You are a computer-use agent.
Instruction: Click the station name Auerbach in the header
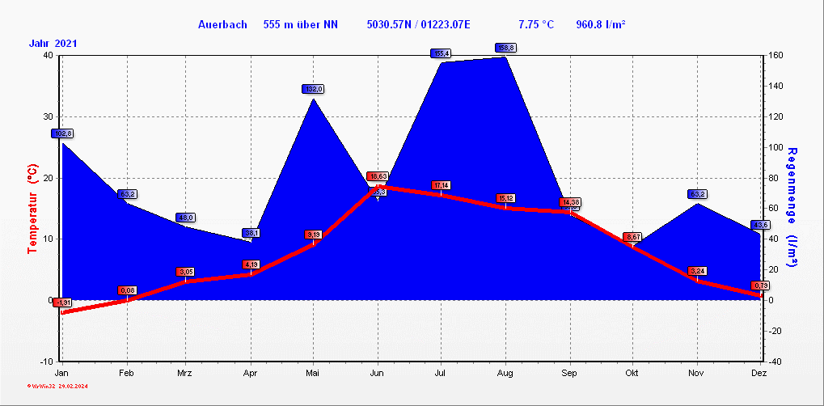(x=222, y=25)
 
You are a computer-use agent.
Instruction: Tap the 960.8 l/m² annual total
(x=600, y=25)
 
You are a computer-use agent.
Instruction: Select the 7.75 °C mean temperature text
(x=536, y=25)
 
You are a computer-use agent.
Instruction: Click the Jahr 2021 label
(x=53, y=44)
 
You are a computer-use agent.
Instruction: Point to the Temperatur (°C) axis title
(x=33, y=208)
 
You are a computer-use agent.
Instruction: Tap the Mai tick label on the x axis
(x=314, y=373)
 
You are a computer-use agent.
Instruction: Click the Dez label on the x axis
(x=759, y=373)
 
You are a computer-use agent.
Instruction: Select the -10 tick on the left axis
(x=46, y=361)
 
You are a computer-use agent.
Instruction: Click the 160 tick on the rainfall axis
(x=775, y=56)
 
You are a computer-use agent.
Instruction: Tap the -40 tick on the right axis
(x=775, y=361)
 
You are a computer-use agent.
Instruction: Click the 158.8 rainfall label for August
(x=505, y=48)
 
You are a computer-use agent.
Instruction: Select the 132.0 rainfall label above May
(x=314, y=89)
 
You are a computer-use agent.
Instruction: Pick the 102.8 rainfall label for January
(x=62, y=133)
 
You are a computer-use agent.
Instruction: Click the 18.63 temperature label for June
(x=378, y=176)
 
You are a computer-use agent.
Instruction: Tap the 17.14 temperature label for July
(x=441, y=185)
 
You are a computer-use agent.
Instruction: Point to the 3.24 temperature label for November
(x=697, y=270)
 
